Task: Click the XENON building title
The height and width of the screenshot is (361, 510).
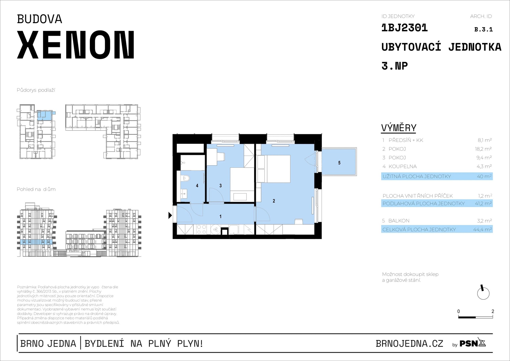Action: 76,45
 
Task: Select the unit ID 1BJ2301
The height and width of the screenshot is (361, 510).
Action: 404,28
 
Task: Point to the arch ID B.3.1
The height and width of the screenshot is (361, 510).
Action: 483,30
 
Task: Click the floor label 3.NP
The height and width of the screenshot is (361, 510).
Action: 394,66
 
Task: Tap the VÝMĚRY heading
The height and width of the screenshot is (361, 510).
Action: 399,128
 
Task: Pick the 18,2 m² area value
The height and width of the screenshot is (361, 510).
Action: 483,149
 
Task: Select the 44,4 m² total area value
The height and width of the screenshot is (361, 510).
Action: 482,229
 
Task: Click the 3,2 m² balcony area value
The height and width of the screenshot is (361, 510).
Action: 484,221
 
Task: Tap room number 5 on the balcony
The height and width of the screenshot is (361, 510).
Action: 339,163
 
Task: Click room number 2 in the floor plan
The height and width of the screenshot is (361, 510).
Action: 274,201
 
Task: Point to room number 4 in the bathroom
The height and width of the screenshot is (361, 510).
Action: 197,186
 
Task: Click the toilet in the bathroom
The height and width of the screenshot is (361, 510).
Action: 185,178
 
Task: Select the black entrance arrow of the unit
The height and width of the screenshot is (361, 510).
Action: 170,215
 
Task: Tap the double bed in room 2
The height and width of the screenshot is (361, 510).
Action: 278,169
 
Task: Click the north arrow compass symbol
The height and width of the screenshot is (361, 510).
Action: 483,293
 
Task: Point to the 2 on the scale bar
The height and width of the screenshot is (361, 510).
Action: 493,311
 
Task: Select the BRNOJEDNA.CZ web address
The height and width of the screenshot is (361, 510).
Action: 409,344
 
